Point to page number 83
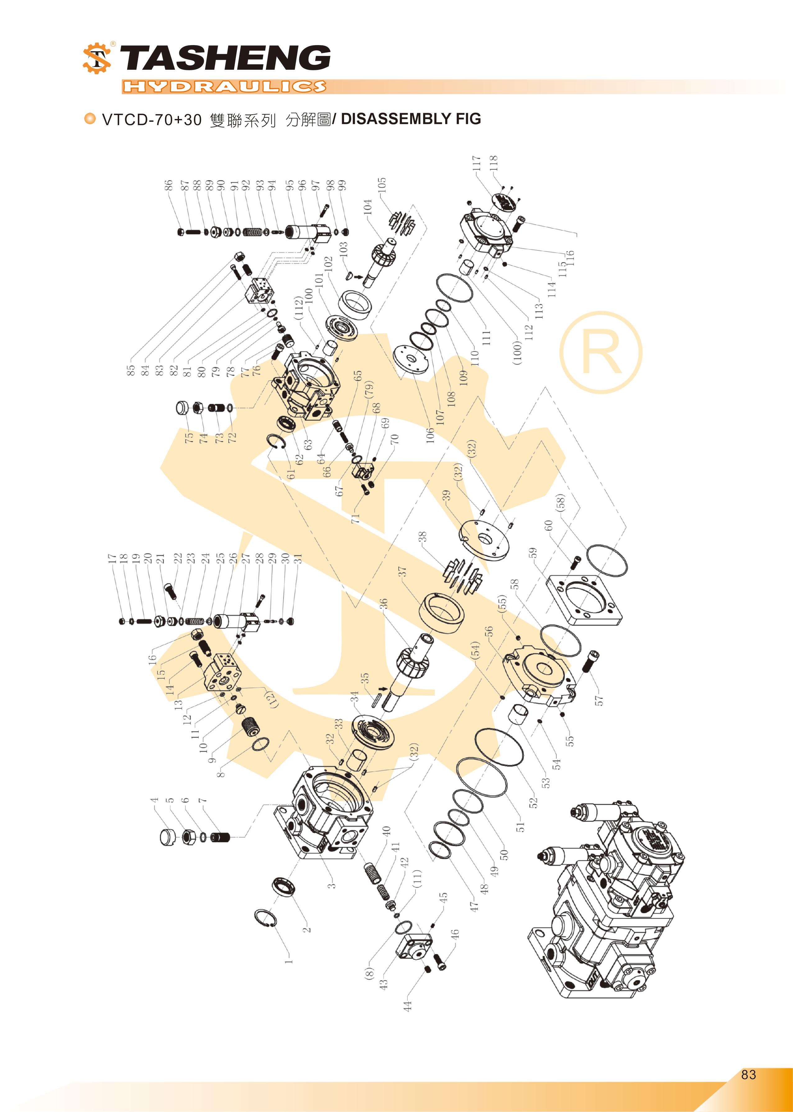pyautogui.click(x=748, y=1074)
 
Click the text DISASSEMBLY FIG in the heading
pyautogui.click(x=411, y=119)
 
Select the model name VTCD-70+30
pyautogui.click(x=151, y=120)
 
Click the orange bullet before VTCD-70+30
pyautogui.click(x=90, y=119)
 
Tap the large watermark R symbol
pyautogui.click(x=601, y=352)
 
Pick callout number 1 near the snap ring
pyautogui.click(x=289, y=960)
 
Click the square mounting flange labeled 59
pyautogui.click(x=584, y=599)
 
